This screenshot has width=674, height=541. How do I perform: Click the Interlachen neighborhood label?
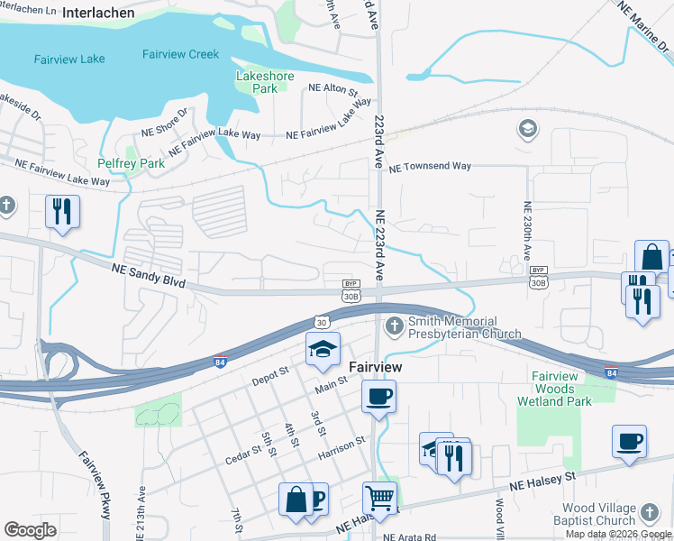[98, 14]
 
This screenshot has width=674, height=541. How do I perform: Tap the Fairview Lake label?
[69, 60]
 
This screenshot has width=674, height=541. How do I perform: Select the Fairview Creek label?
[180, 54]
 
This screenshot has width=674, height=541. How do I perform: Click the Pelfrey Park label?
[132, 164]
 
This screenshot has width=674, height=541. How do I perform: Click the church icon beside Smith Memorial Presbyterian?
[394, 325]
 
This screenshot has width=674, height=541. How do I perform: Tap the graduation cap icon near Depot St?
[323, 350]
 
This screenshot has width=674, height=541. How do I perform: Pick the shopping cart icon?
[379, 497]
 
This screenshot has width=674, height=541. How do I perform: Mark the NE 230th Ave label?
[526, 230]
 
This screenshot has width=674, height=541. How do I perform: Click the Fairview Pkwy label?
[94, 483]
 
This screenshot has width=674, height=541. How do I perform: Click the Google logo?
[30, 529]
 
